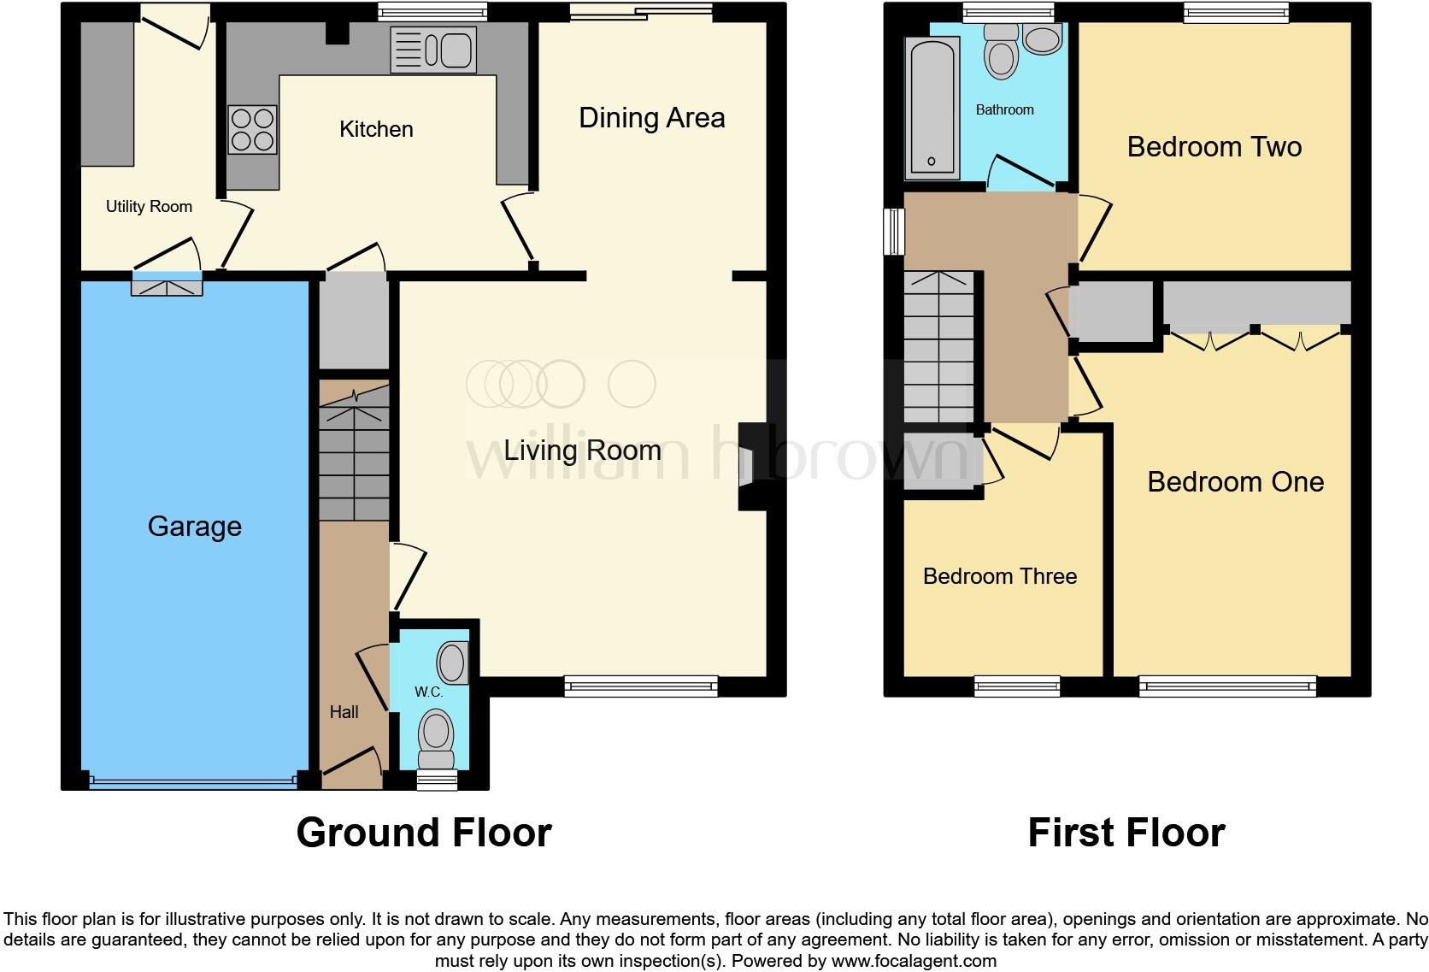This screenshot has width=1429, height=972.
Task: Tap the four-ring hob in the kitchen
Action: tap(252, 130)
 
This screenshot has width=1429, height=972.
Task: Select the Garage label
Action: tap(194, 526)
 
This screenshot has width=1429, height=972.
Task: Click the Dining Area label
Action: tap(651, 118)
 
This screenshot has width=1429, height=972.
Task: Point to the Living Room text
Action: tap(582, 451)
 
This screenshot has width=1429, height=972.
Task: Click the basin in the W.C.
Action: tap(453, 663)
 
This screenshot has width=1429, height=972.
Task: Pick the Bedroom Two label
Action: tap(1214, 147)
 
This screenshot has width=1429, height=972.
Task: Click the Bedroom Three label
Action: tap(999, 576)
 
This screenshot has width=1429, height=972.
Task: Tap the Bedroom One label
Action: tap(1235, 482)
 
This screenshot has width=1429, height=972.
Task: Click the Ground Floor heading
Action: tap(424, 832)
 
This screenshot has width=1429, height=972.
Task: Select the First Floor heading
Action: tap(1126, 832)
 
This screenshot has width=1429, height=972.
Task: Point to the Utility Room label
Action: tap(149, 206)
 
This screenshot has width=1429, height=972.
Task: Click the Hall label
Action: tap(344, 712)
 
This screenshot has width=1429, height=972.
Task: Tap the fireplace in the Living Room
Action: tap(750, 467)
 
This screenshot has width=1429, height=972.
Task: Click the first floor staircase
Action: tap(938, 346)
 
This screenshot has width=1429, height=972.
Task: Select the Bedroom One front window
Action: tap(1227, 686)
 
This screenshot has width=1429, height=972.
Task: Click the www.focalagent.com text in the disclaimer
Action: tap(913, 961)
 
